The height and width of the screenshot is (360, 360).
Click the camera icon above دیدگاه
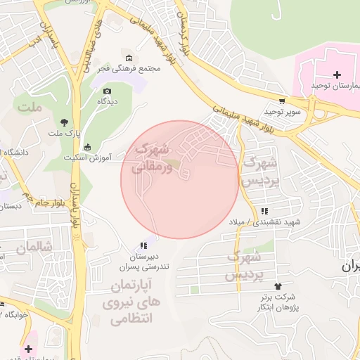tap(107, 91)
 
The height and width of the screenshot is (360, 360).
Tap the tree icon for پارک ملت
tap(65, 123)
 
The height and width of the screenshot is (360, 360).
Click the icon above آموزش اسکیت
tap(87, 147)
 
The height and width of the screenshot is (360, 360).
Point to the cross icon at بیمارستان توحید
tap(337, 75)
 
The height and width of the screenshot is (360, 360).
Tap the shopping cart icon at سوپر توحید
tap(282, 101)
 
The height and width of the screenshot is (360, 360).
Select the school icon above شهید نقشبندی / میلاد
tap(264, 211)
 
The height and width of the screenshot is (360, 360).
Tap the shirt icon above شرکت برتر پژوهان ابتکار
tap(278, 286)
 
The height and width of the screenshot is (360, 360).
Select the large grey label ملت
tap(30, 108)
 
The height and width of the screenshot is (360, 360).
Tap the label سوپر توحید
tap(283, 112)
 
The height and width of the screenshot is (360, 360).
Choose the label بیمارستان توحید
tap(336, 86)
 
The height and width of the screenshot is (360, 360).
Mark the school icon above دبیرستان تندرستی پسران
tap(143, 245)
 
